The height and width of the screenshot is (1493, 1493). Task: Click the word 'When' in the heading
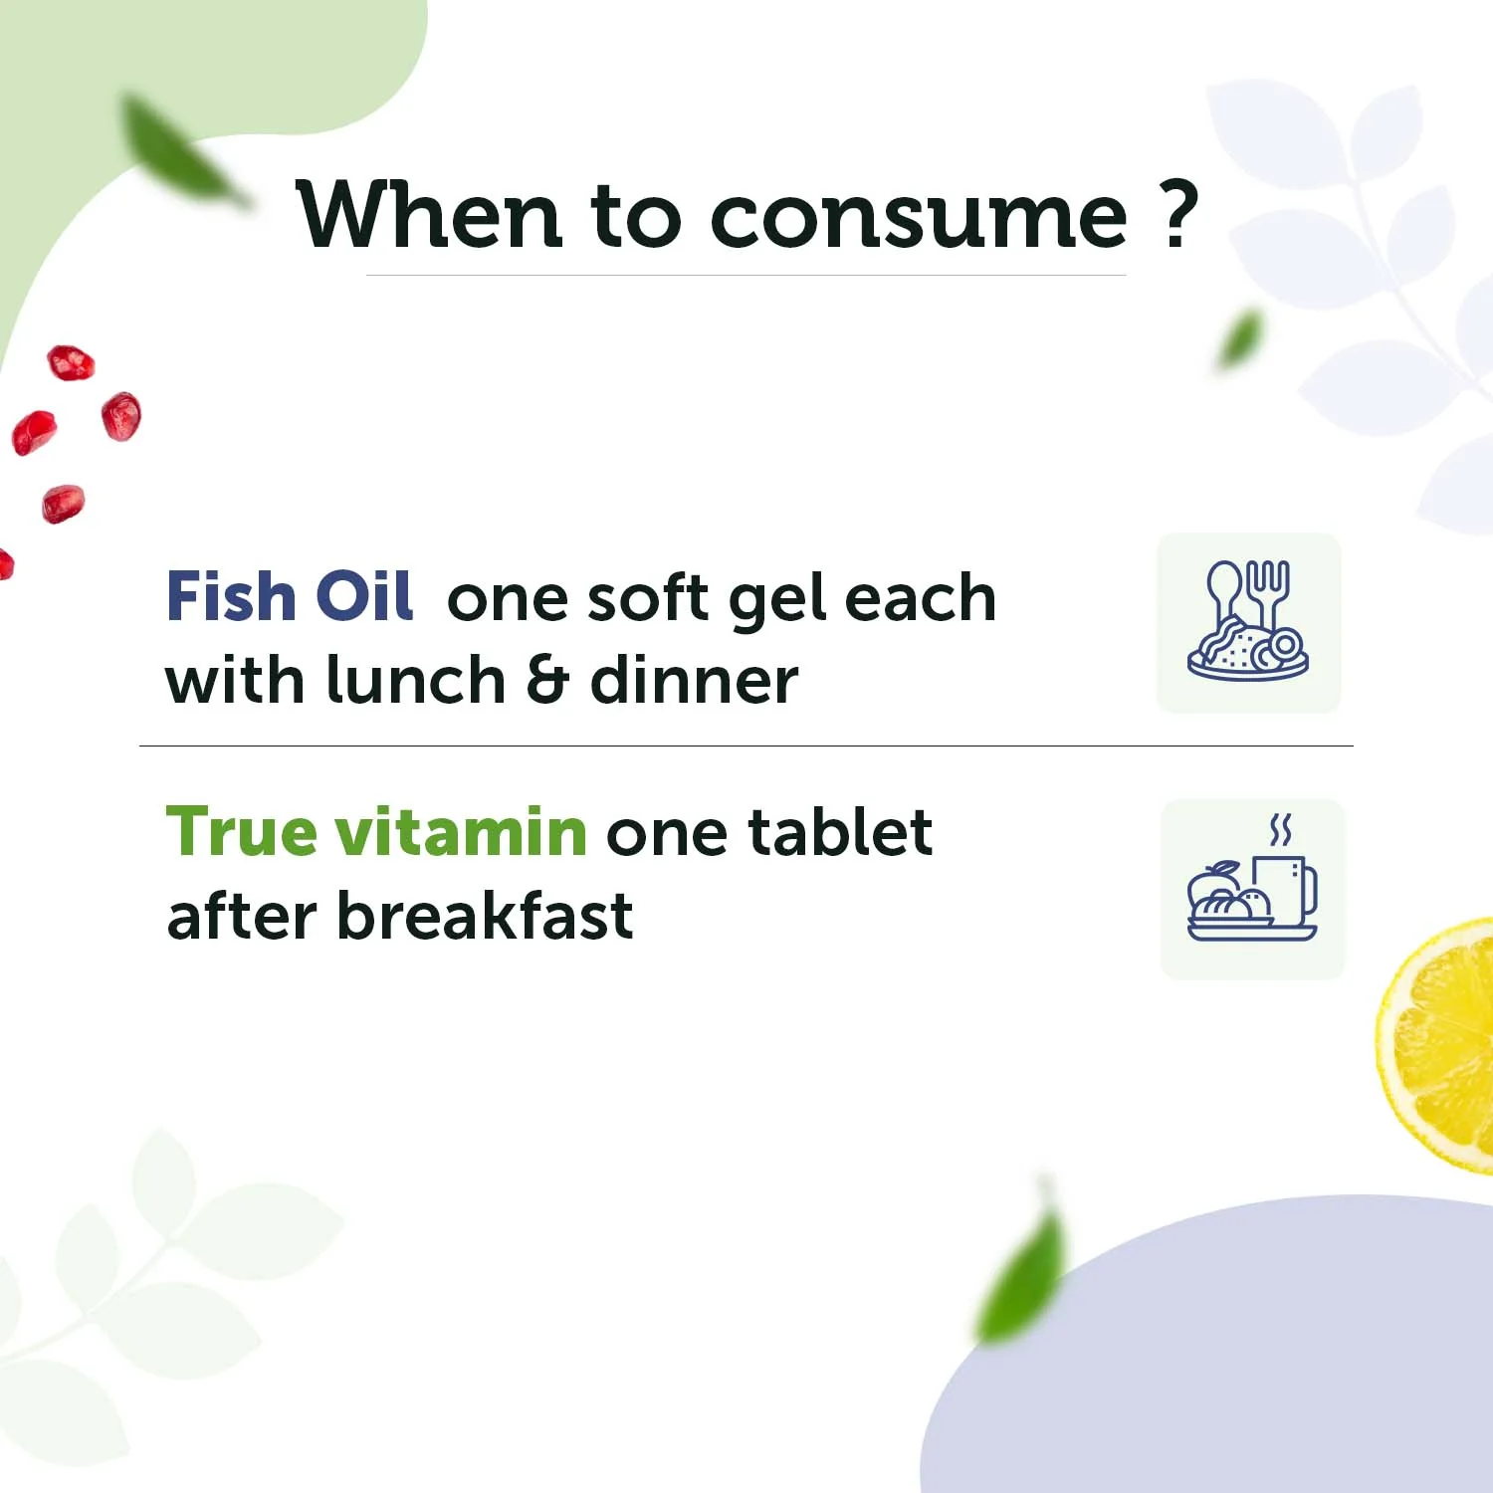point(429,216)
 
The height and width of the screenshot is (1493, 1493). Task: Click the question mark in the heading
point(1178,213)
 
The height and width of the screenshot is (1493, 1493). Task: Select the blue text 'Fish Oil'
point(289,597)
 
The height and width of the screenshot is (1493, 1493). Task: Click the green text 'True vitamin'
point(376,832)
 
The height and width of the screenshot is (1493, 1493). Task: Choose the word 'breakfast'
point(485,916)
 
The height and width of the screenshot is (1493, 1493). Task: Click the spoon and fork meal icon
point(1248,622)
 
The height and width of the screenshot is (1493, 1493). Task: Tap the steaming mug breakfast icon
point(1252,888)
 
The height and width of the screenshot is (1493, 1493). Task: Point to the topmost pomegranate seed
point(71,362)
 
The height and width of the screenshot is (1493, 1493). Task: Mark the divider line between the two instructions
point(746,746)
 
